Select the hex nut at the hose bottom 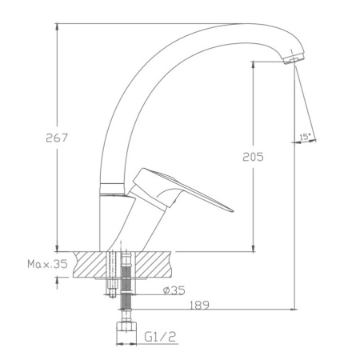click(124, 326)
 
